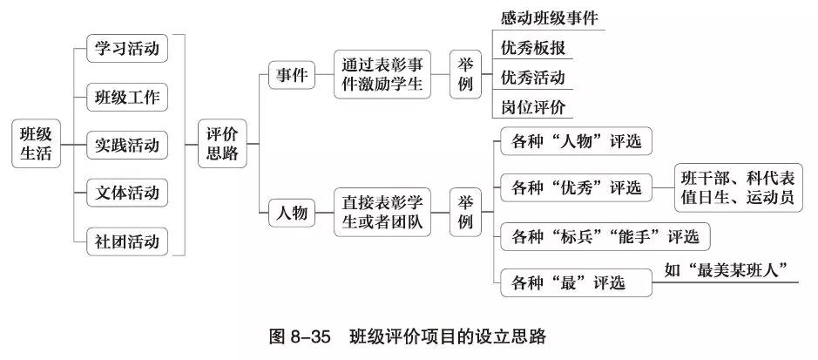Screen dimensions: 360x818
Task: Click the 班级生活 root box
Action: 37,144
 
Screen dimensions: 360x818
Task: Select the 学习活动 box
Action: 127,48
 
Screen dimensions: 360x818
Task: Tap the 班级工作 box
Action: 127,97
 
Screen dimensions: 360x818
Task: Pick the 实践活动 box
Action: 127,144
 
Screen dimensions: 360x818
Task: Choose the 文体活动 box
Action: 127,192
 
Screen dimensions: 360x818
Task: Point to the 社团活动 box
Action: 127,240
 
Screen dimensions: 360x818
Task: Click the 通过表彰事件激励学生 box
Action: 382,74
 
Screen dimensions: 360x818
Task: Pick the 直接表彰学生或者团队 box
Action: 382,213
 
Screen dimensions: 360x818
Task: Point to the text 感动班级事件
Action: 549,18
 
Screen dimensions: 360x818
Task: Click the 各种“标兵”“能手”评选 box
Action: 605,236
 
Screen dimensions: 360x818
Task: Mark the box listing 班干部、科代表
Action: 738,187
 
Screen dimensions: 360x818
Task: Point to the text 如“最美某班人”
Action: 731,270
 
